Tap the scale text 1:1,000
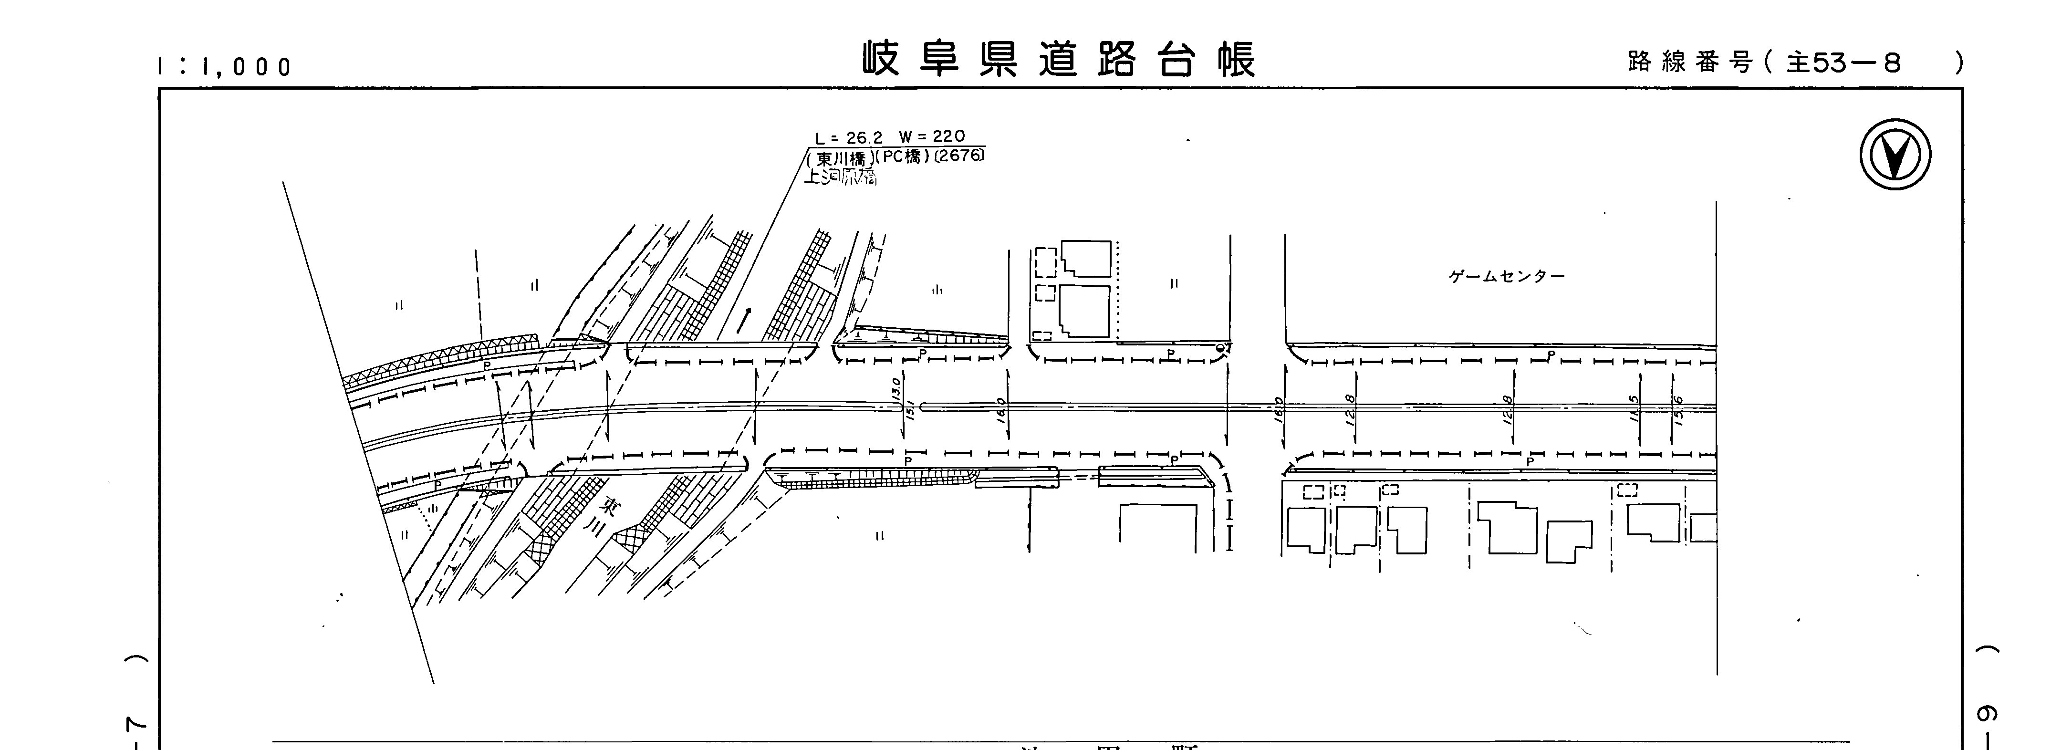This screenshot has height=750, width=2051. tap(225, 67)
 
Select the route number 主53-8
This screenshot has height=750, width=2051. tap(1843, 62)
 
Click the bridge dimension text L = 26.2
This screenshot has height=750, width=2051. tap(849, 138)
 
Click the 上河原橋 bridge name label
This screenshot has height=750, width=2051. tap(840, 177)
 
